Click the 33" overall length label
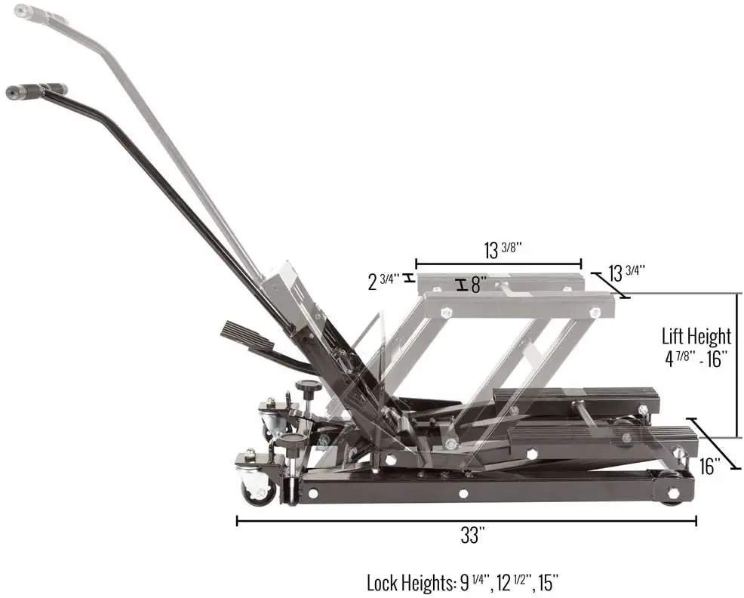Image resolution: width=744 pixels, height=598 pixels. coord(472,537)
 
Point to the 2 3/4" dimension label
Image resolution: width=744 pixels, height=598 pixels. coord(384,282)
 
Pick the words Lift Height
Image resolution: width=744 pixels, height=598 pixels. coord(696,336)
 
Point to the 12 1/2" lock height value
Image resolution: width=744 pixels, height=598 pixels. coord(518,583)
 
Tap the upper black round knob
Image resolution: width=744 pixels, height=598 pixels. coord(308,389)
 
